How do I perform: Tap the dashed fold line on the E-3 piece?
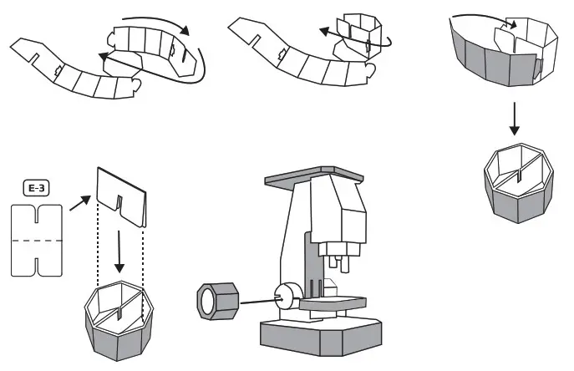click(38, 241)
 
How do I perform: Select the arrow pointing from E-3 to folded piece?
click(80, 200)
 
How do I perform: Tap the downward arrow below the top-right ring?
click(516, 123)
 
